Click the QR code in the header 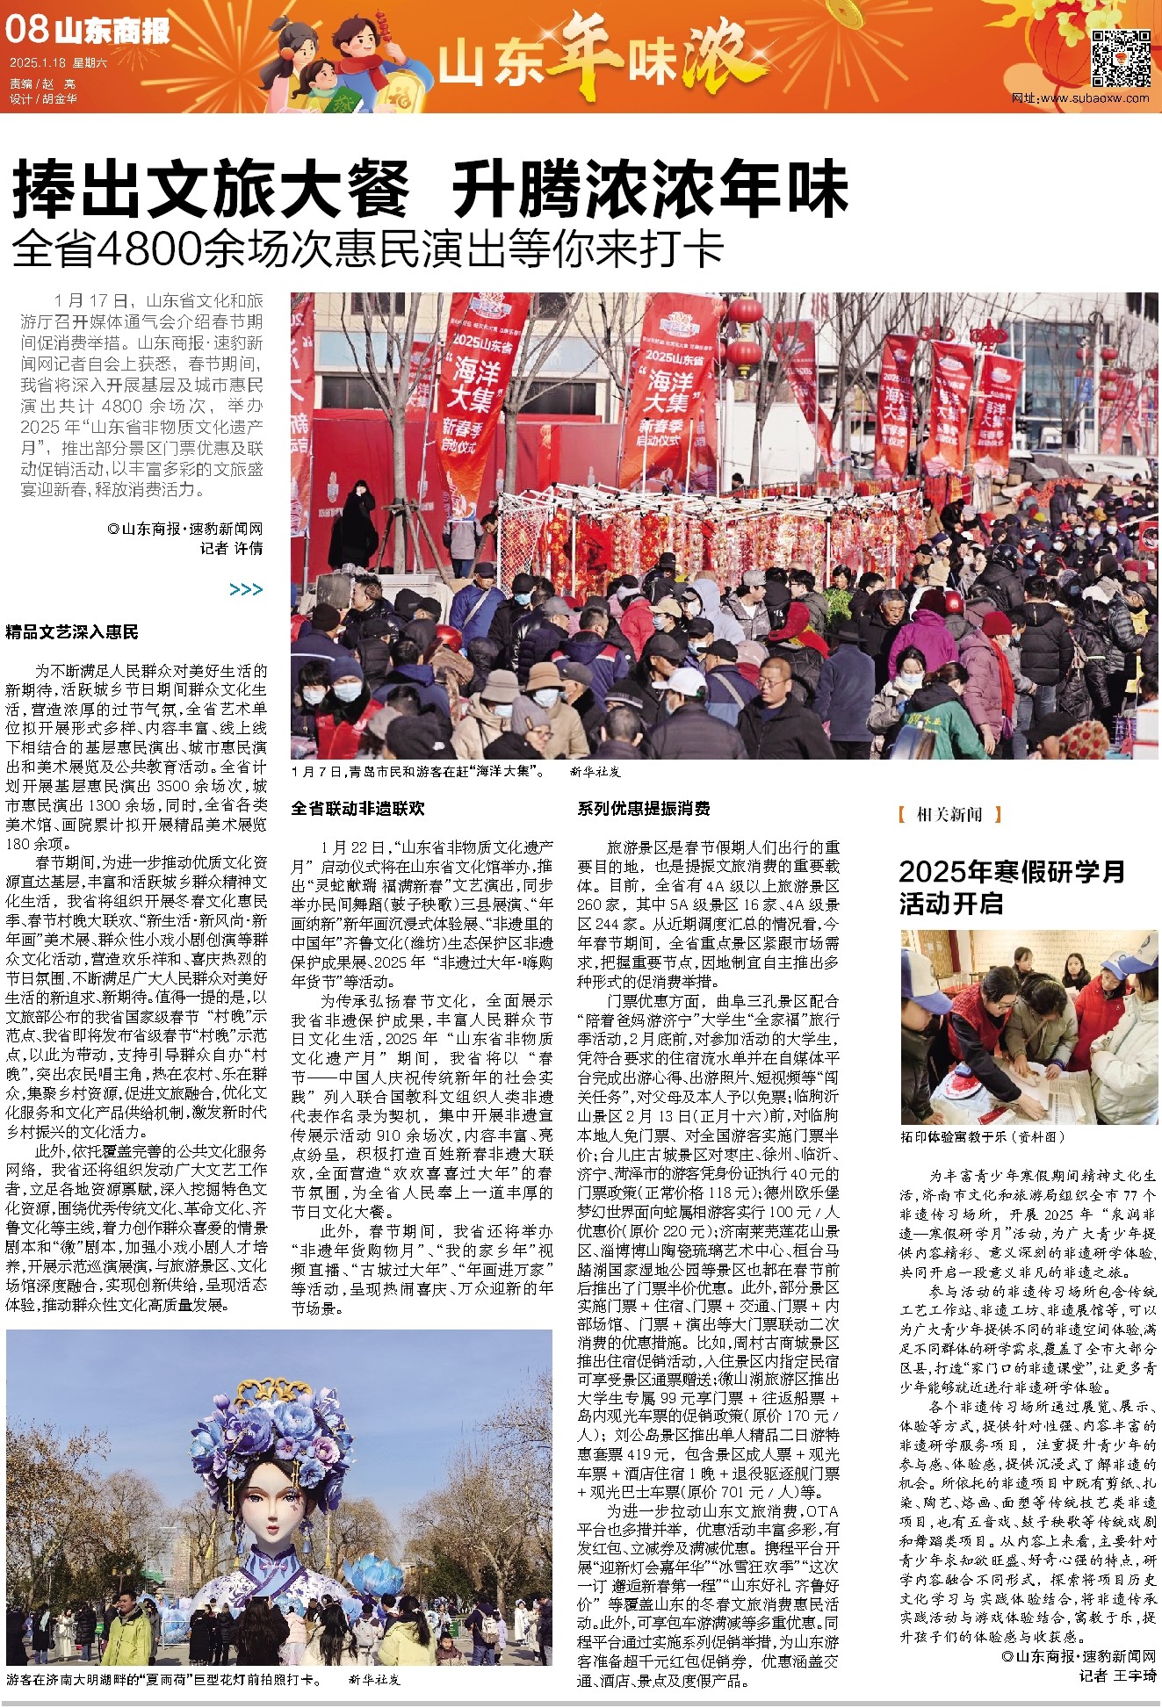[x=1120, y=58]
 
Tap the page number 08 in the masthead [x=25, y=29]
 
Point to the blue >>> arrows [x=246, y=589]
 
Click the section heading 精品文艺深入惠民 [x=72, y=632]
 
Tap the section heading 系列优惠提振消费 [x=644, y=808]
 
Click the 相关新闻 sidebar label [x=949, y=814]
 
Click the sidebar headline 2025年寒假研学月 [x=1011, y=871]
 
